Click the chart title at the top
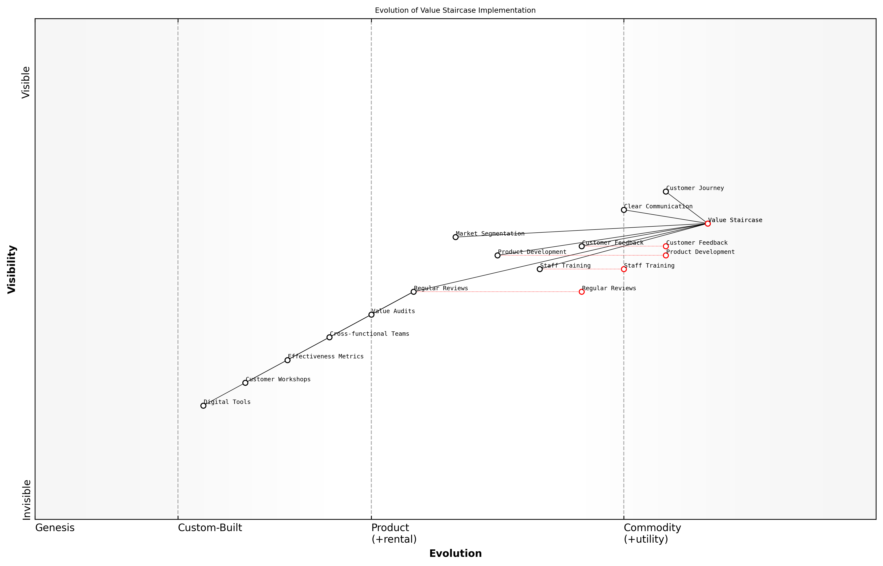coord(455,10)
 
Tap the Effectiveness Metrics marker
coord(287,360)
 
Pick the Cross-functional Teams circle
coord(329,337)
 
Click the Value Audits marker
coord(371,315)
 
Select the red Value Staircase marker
coord(707,224)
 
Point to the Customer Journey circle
coord(666,191)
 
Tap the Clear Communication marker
coord(624,210)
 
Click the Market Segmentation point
coord(455,237)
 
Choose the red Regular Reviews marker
coord(582,292)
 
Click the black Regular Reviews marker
coord(414,292)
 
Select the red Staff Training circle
coord(624,269)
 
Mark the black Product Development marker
coord(497,256)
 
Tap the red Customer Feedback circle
coord(666,246)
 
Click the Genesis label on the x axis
coord(55,528)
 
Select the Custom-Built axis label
coord(210,528)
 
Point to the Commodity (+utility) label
coord(652,533)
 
